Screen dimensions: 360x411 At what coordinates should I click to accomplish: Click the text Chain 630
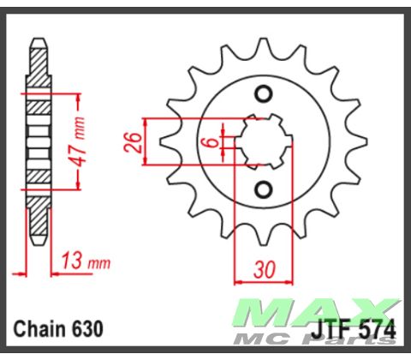58,328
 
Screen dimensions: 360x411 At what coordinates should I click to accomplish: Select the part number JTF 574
354,328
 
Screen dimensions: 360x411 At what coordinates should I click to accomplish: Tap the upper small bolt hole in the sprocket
264,93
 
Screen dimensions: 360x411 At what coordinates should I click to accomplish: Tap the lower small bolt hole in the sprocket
264,188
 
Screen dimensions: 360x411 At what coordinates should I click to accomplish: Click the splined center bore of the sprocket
264,141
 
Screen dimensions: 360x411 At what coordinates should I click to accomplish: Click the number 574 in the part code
373,328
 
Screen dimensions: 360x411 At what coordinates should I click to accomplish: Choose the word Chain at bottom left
39,328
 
